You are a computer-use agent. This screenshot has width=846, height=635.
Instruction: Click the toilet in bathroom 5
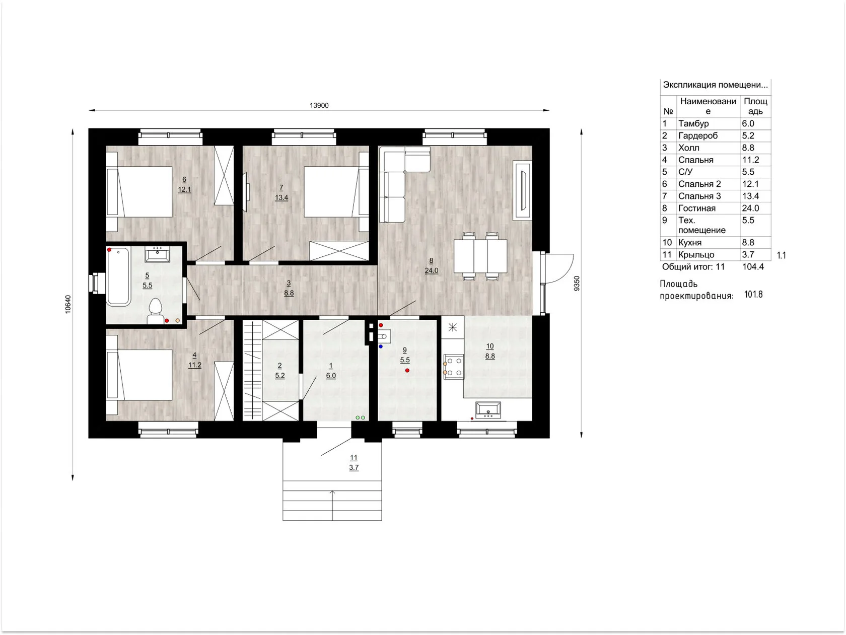tap(155, 311)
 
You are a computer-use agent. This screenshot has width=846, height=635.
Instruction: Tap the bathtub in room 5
tap(118, 276)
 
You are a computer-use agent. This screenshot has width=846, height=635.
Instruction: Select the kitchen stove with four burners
tap(454, 367)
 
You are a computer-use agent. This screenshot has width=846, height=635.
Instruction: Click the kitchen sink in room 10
tap(488, 410)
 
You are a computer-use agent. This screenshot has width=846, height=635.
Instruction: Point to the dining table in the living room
tap(480, 256)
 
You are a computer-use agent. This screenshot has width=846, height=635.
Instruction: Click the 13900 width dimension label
tap(319, 106)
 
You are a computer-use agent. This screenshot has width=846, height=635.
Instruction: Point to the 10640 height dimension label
tap(68, 304)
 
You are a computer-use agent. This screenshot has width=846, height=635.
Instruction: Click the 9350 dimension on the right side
tap(577, 283)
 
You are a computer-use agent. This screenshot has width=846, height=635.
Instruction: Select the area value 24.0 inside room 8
tap(431, 270)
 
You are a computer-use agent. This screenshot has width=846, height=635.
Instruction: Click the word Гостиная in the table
tap(697, 208)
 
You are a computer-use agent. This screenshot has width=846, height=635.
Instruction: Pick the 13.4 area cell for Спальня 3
tap(750, 196)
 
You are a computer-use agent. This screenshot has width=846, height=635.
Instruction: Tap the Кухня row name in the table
tap(690, 243)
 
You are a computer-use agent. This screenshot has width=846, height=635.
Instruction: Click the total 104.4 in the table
tap(753, 266)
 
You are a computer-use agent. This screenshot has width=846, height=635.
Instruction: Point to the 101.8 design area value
tap(753, 295)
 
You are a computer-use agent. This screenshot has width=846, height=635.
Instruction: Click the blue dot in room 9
tap(381, 347)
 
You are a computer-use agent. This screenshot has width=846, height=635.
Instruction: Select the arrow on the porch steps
tap(332, 505)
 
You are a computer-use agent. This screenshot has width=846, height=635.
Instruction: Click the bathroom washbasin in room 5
tap(158, 255)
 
